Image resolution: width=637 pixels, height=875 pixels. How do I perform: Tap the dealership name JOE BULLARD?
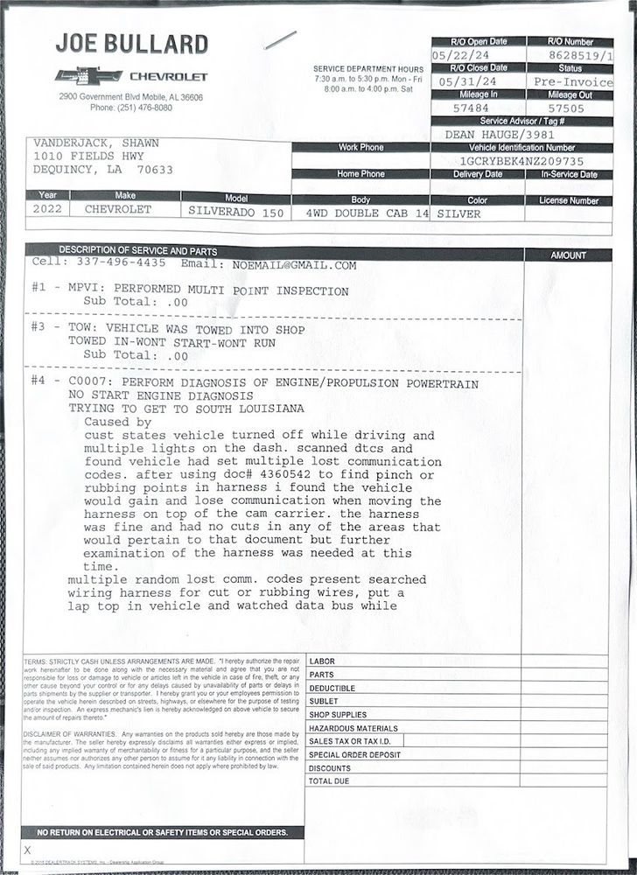coord(131,44)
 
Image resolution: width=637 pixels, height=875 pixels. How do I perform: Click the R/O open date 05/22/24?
coord(458,55)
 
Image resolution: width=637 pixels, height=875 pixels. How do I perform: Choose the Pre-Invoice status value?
coord(573,81)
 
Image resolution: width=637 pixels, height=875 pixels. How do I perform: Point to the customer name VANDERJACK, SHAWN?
coord(95,142)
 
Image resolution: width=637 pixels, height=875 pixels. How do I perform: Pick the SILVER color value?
coord(458,213)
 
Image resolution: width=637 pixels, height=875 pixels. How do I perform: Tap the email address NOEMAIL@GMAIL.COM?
coord(294,264)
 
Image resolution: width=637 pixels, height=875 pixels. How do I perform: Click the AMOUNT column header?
coord(569,255)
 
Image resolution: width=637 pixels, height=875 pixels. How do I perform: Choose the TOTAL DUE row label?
coord(329,780)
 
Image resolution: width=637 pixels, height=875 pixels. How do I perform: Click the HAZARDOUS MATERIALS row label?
coord(353,728)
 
